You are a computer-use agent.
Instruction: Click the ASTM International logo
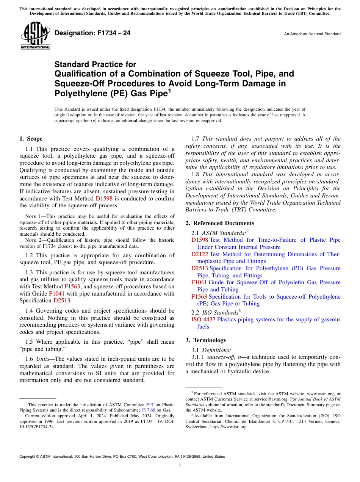(x=35, y=36)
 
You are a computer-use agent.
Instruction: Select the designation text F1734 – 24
(x=92, y=33)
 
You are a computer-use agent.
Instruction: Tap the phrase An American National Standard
(x=312, y=34)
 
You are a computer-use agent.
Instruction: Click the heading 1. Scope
(x=31, y=139)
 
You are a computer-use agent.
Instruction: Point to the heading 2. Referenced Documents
(x=220, y=223)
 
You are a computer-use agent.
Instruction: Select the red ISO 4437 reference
(x=203, y=319)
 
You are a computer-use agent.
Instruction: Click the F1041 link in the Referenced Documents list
(x=199, y=282)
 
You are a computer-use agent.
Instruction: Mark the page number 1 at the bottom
(x=180, y=466)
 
